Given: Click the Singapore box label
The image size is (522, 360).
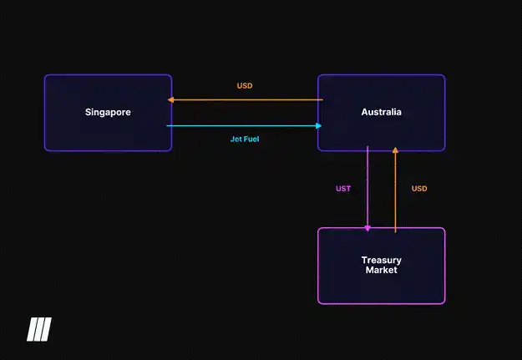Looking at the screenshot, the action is point(108,112).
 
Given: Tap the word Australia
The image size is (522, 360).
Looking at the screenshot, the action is point(381,112).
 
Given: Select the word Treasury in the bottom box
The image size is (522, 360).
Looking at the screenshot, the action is point(381,260).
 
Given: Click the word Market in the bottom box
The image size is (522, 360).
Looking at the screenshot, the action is point(381,270).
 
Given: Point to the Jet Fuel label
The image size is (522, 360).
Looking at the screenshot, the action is point(245,139).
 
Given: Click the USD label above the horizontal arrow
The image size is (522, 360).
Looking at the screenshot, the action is point(245,85).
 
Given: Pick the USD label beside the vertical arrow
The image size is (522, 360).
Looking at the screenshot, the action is point(419,189).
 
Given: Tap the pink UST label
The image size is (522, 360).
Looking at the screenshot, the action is point(343,189).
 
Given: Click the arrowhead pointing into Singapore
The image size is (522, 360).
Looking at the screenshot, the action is point(170,99).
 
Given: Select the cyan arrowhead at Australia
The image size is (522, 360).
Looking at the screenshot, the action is point(319,125).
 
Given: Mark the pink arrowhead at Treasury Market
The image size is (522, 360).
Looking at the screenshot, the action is point(367,229).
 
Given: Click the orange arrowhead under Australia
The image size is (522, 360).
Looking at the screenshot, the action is point(395,150).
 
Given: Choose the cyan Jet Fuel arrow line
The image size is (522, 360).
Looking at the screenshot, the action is point(244,125).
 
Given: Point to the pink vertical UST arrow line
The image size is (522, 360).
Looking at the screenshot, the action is point(367,189).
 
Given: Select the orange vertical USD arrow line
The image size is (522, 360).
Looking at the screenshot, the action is point(395,190).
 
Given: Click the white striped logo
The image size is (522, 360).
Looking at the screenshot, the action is point(39,329).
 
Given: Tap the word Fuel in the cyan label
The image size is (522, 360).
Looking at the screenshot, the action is point(251,139).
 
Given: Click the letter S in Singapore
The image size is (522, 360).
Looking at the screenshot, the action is point(88,112).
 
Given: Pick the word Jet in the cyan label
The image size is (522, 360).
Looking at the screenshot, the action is point(236,139).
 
